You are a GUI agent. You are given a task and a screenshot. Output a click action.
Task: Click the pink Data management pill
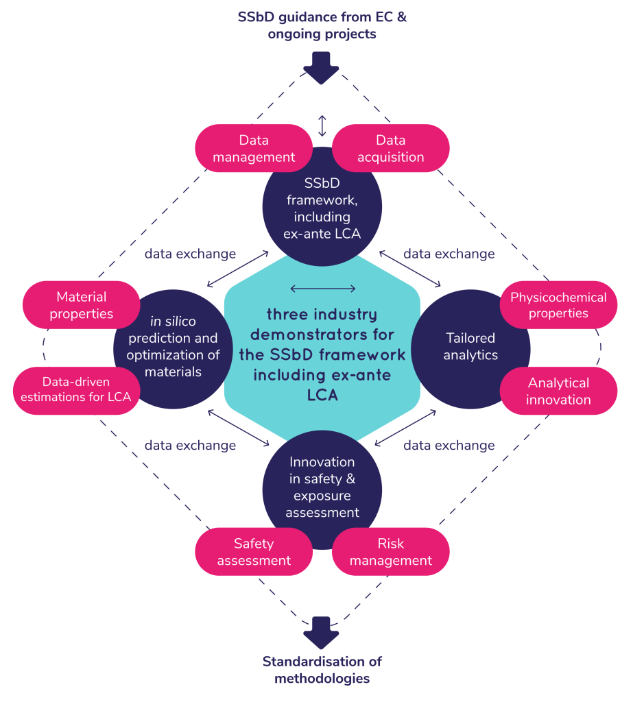click(254, 148)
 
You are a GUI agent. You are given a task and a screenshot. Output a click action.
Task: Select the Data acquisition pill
click(390, 148)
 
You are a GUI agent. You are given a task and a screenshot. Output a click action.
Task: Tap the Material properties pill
click(81, 305)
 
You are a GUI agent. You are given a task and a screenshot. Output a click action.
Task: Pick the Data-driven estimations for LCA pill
click(75, 389)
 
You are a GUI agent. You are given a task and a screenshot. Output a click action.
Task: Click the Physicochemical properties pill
click(558, 305)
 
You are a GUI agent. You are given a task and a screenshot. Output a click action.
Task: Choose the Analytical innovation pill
click(558, 391)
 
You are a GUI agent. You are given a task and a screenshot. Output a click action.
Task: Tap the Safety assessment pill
click(254, 552)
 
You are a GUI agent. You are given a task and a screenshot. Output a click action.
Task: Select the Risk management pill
click(390, 552)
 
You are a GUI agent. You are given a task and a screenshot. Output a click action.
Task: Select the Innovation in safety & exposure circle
click(322, 487)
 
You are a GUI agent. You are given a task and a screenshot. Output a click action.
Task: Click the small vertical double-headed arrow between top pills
click(322, 126)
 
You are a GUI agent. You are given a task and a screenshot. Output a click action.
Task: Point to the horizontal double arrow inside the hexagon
click(322, 289)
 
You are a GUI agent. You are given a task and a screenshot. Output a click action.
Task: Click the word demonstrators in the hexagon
click(322, 335)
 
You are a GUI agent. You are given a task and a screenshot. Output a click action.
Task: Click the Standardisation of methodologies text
click(322, 670)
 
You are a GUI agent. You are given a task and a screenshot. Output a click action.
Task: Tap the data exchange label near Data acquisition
click(449, 254)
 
